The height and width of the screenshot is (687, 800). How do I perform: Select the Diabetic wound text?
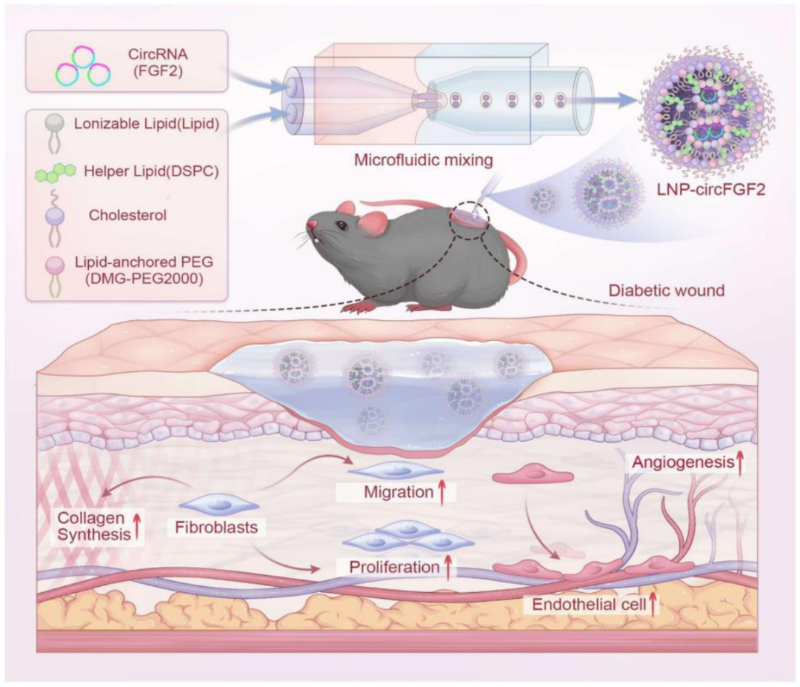(x=665, y=291)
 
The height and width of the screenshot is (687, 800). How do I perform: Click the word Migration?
(x=393, y=492)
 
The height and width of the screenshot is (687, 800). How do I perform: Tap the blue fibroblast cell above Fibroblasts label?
(x=219, y=505)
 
